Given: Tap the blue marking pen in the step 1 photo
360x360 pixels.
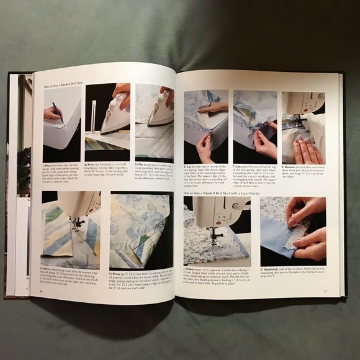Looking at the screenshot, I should coord(56,110).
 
